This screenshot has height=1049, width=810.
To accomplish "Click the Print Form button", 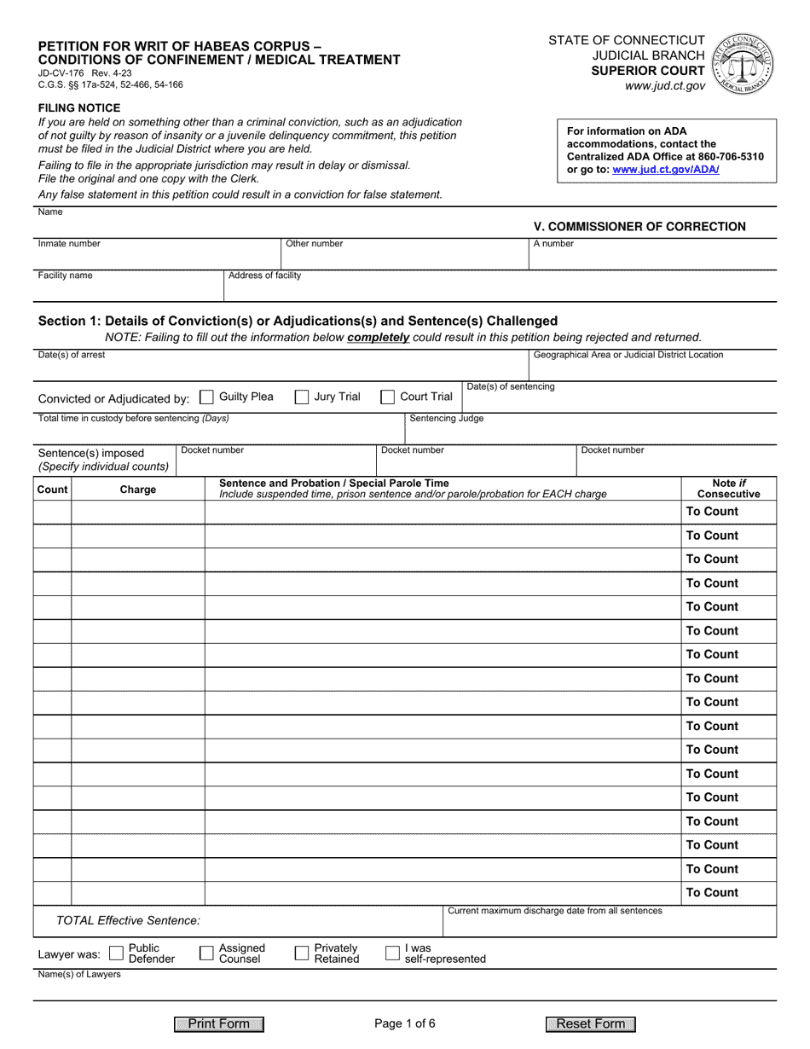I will point(219,1024).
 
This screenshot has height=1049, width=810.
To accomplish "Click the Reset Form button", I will point(591,1024).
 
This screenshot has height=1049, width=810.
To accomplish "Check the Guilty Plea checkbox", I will point(206,397).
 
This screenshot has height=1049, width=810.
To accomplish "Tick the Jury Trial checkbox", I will point(302,397).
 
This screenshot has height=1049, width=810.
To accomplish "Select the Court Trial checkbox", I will point(387,397).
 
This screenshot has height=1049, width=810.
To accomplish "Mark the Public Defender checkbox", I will point(117,953).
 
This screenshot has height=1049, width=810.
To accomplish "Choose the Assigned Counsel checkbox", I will point(206,953).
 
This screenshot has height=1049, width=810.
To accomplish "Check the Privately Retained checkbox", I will point(302,953).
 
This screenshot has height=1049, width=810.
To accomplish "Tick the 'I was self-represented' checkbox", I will point(393,953).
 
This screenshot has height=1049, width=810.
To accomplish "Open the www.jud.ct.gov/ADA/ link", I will point(665,170).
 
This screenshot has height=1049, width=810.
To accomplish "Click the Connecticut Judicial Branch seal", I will point(744,64).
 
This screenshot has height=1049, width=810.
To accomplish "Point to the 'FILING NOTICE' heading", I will point(79,108).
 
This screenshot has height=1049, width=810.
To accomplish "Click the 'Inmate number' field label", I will point(69,244).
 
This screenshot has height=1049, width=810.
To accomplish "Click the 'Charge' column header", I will point(138,490).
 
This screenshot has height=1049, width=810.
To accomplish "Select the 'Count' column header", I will point(52,490).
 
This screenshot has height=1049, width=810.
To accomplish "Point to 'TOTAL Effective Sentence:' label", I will point(128,921).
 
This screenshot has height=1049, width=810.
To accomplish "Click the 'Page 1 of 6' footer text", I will point(405,1024).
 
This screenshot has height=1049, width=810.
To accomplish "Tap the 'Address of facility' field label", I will point(264,275).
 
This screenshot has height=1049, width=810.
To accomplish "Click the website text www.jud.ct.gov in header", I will point(665,86).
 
